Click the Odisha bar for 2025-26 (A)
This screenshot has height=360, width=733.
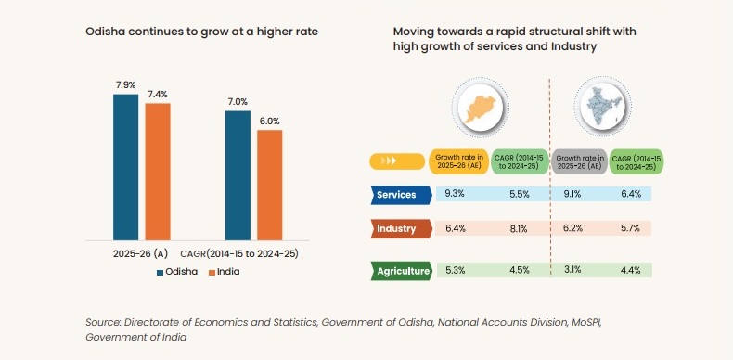125,166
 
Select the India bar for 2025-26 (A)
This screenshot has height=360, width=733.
158,171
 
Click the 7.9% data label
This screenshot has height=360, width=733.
125,85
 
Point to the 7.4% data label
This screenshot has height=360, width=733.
158,95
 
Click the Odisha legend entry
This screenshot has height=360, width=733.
176,272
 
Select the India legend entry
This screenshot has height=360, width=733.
225,272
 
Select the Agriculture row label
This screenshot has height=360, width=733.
401,271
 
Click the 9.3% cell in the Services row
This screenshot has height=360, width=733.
455,194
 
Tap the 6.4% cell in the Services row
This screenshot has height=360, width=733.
630,194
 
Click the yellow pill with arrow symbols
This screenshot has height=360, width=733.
396,161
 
